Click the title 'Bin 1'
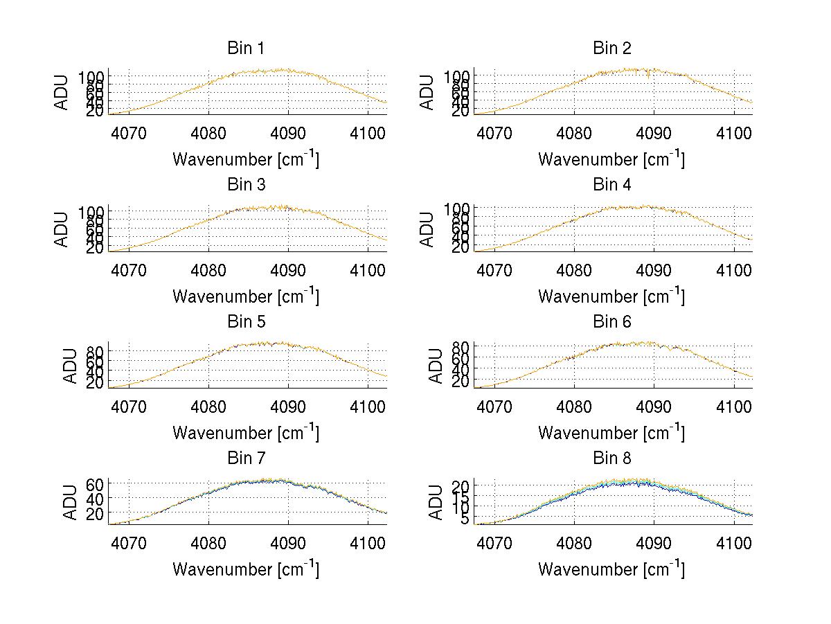[x=245, y=48]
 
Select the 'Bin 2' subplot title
[x=611, y=48]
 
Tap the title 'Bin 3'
[x=245, y=185]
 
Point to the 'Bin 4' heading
[x=611, y=185]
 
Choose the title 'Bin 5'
[x=245, y=322]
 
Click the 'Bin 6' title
[x=611, y=322]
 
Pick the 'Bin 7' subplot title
[x=245, y=458]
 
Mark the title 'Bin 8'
[x=611, y=458]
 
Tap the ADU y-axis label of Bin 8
[x=429, y=502]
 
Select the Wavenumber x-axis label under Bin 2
[x=611, y=159]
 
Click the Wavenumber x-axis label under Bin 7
[x=245, y=569]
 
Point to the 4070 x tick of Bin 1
[x=129, y=132]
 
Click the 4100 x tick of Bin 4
[x=734, y=269]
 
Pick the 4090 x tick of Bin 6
[x=654, y=406]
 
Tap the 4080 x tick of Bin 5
[x=209, y=406]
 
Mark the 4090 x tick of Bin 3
[x=289, y=269]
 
